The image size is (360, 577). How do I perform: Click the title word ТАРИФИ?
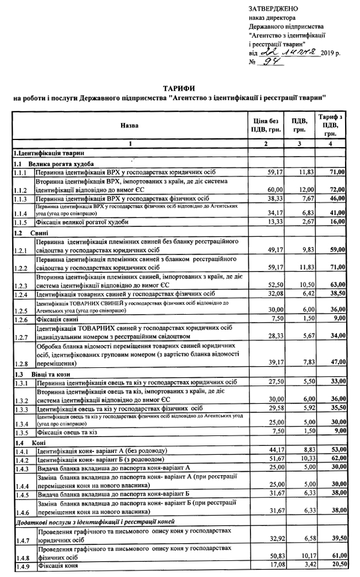point(179,89)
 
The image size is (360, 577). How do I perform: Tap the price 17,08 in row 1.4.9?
point(275,564)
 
